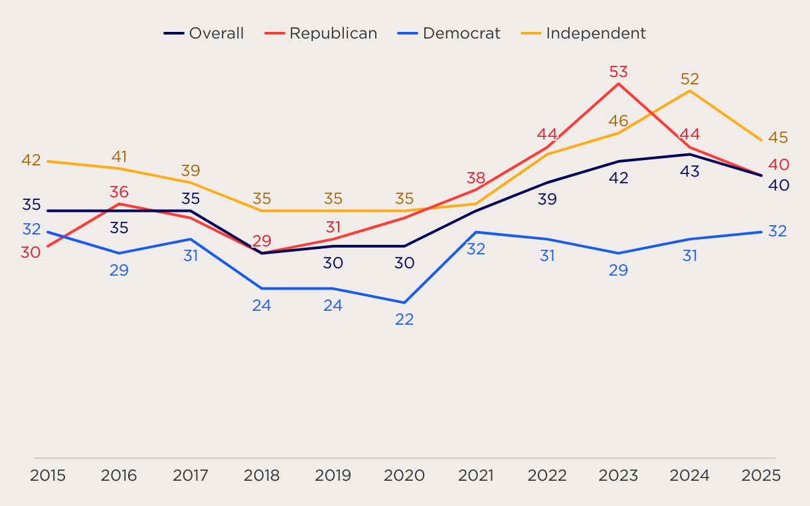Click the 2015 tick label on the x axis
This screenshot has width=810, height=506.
point(48,475)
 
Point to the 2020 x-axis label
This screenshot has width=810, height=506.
point(404,475)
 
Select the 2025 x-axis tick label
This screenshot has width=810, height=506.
point(761,475)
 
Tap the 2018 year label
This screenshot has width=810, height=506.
point(262,475)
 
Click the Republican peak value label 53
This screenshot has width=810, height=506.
point(619,72)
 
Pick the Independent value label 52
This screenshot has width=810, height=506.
point(690,79)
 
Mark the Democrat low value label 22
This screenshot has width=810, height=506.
point(404,319)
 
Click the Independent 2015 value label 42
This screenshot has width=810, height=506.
point(31,160)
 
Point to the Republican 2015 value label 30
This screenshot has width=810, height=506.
point(31,252)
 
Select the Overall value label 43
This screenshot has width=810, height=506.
point(690,171)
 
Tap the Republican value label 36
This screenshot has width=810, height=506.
point(119,193)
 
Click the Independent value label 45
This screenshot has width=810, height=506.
point(778,137)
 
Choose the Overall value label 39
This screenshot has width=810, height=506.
point(547,199)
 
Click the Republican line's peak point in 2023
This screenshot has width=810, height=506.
point(619,84)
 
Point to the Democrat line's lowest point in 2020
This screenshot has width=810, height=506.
point(404,303)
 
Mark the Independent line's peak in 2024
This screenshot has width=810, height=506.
point(690,90)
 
